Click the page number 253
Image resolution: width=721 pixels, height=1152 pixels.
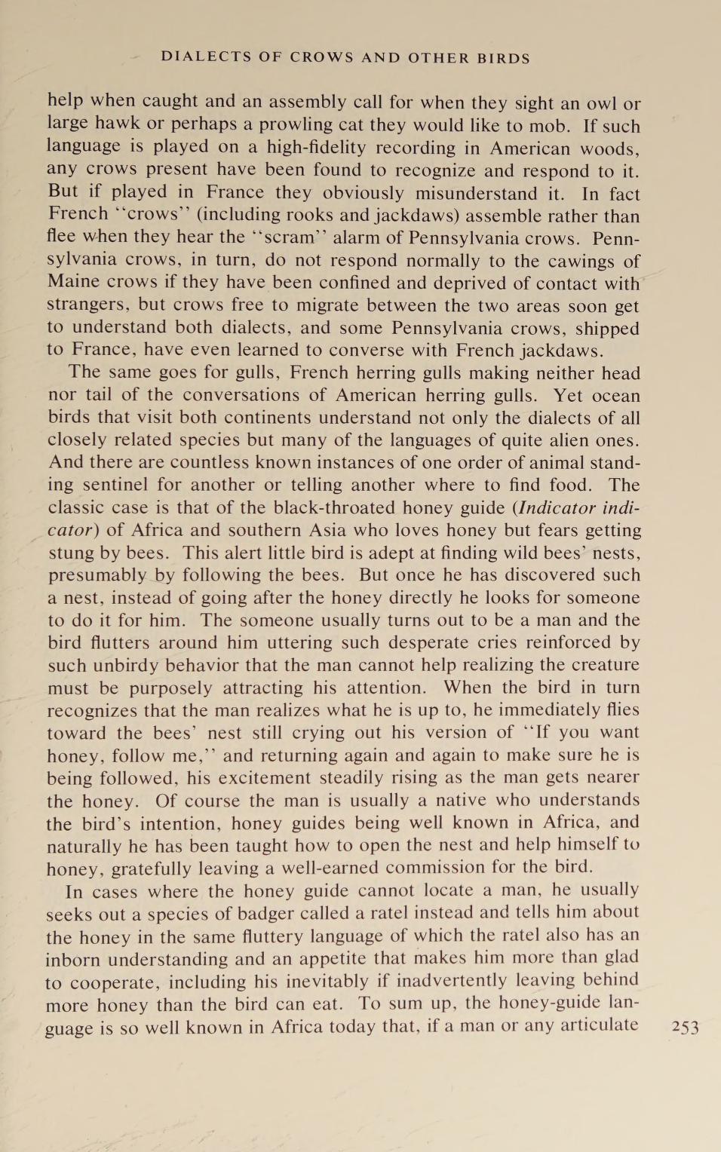point(685,1027)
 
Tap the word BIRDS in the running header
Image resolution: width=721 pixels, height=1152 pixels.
point(504,58)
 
